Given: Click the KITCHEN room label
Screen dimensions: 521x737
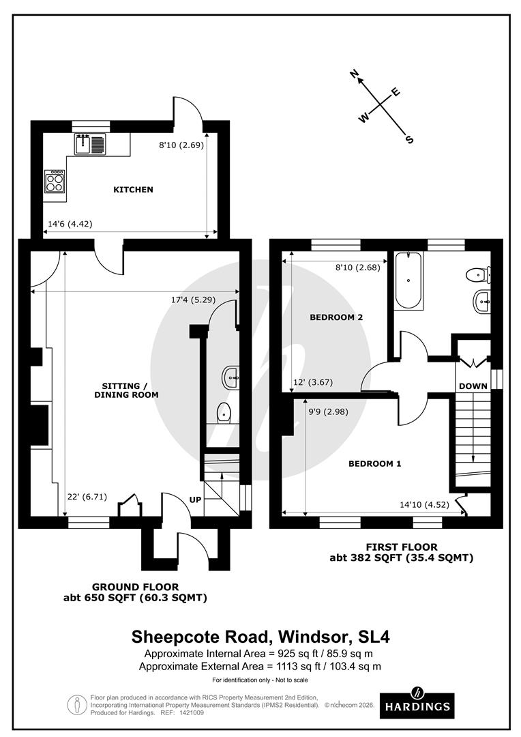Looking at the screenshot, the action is [x=133, y=190].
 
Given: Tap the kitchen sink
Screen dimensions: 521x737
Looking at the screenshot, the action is [x=90, y=144].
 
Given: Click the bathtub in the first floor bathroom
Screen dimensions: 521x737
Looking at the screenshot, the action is [x=408, y=280].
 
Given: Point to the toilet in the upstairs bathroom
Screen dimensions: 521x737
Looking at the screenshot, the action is [x=478, y=275].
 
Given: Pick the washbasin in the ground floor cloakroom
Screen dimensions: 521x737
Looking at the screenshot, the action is [x=230, y=377].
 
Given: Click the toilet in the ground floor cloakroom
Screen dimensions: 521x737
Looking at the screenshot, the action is [x=224, y=413].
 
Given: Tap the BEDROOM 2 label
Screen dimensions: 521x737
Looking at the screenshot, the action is [x=336, y=317].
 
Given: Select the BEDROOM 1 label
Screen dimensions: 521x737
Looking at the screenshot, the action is [x=374, y=463].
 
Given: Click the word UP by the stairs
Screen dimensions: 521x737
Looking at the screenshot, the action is [x=196, y=500].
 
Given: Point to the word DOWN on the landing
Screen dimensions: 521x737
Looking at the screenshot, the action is [x=473, y=386].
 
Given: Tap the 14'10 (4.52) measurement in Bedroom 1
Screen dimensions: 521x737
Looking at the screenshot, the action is [x=424, y=505].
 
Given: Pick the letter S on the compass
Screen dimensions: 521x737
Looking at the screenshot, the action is [x=409, y=139].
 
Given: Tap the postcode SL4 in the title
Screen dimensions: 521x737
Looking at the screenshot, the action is [x=374, y=637].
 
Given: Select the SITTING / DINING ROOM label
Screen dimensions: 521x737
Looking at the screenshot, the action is [x=126, y=390].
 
